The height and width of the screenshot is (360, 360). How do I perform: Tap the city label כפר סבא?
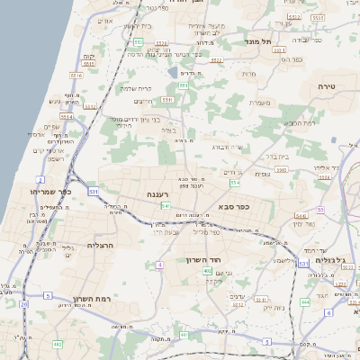click(x=232, y=206)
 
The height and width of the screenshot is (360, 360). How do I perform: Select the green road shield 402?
click(x=208, y=270)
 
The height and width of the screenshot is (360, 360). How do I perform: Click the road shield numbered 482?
click(x=58, y=344)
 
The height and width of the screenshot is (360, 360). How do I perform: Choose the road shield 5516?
click(x=76, y=76)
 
